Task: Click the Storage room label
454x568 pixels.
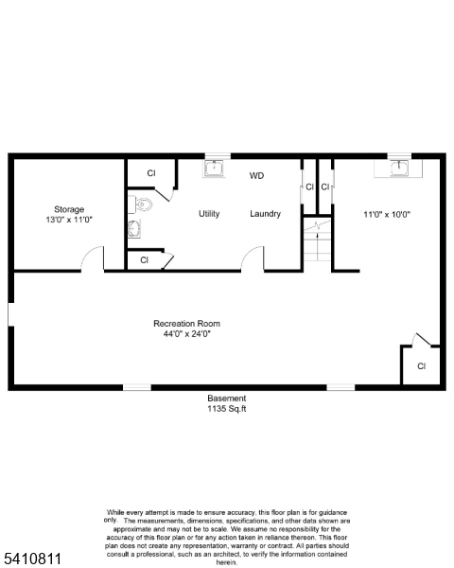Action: tap(69, 209)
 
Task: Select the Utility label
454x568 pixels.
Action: tap(209, 214)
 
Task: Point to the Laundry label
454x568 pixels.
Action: tap(265, 214)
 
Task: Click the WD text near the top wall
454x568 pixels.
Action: tap(257, 176)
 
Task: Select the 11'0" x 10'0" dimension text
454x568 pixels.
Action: tap(387, 214)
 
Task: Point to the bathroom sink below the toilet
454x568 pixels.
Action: tap(133, 228)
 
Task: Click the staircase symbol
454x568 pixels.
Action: tap(317, 244)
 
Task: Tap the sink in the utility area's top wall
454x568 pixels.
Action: tap(215, 169)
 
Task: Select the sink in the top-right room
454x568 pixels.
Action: tap(401, 168)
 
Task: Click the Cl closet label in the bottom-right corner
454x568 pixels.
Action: tap(422, 365)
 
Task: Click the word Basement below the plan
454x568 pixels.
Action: tap(227, 399)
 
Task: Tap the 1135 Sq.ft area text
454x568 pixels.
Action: tap(227, 409)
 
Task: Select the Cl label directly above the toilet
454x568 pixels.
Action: tap(150, 173)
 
